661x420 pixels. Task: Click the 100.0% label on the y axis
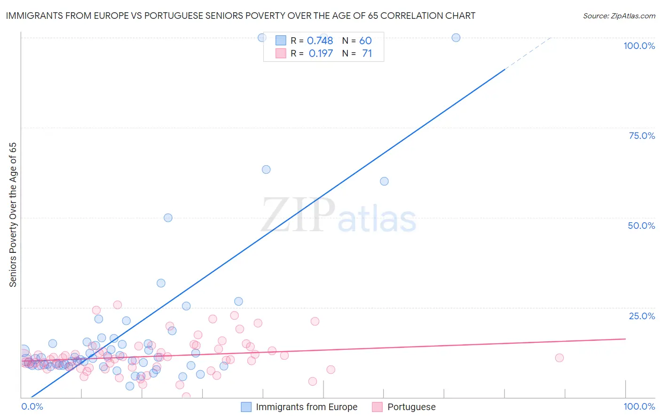[639, 46]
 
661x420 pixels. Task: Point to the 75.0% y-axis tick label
[642, 136]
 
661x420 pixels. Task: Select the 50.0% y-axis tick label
[641, 226]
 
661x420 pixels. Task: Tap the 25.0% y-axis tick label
[642, 316]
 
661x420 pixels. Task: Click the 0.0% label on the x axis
[32, 406]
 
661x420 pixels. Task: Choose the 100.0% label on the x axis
[639, 406]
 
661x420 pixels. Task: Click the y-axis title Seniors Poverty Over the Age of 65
[13, 215]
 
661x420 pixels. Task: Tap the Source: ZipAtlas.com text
[619, 16]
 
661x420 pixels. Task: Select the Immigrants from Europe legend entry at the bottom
[306, 407]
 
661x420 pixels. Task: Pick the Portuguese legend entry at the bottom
[411, 407]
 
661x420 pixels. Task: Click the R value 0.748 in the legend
[320, 41]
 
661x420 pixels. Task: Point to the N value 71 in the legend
[367, 54]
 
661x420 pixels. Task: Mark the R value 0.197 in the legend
[321, 54]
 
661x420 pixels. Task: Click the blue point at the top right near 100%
[456, 38]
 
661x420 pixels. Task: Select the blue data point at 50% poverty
[168, 218]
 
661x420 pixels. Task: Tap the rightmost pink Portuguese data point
[559, 358]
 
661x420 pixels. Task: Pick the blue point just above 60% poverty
[266, 170]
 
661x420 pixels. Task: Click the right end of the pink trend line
[625, 339]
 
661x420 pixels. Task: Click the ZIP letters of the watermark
[298, 215]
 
